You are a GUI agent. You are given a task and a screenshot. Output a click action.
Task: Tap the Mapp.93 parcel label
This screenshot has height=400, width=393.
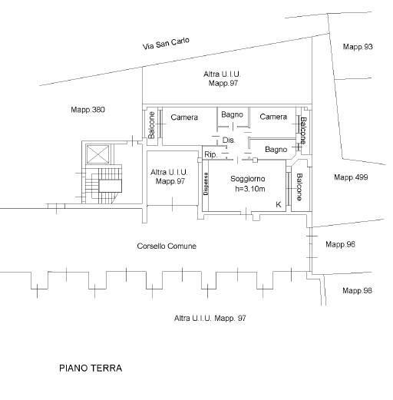(358, 47)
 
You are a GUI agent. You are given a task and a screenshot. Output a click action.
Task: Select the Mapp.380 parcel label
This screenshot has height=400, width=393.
(88, 110)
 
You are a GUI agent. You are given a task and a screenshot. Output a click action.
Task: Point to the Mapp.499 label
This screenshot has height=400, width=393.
(351, 177)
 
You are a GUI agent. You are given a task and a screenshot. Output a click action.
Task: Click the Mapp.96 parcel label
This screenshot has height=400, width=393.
(340, 244)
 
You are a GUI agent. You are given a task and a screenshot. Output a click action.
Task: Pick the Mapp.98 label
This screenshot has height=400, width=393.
(357, 290)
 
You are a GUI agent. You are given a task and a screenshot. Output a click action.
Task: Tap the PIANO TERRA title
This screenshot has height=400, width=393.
(91, 369)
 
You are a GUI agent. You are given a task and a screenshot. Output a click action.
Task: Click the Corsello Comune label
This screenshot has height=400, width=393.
(167, 246)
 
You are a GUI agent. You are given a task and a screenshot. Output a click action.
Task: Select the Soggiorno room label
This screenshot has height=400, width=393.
(247, 179)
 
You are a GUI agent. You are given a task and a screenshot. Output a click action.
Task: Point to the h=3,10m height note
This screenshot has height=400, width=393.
(250, 189)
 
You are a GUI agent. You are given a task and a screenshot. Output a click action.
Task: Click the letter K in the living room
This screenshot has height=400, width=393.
(279, 204)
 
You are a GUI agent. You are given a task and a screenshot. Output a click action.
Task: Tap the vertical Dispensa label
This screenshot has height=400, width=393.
(206, 183)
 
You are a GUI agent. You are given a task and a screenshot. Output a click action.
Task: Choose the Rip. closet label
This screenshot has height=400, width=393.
(211, 154)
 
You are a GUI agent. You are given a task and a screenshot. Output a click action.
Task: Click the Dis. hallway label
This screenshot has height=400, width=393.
(228, 140)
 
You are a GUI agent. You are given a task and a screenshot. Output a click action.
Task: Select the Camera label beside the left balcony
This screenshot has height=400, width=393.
(184, 117)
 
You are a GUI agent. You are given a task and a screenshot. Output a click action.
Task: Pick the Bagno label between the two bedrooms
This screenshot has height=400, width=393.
(232, 114)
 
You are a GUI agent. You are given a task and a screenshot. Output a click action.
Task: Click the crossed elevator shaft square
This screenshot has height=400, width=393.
(97, 154)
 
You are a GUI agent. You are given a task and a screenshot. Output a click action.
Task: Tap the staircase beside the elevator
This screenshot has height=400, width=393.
(104, 184)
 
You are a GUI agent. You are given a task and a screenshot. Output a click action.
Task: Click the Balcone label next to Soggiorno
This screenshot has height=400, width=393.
(299, 187)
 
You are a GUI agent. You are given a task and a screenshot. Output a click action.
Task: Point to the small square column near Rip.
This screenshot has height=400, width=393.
(255, 160)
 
